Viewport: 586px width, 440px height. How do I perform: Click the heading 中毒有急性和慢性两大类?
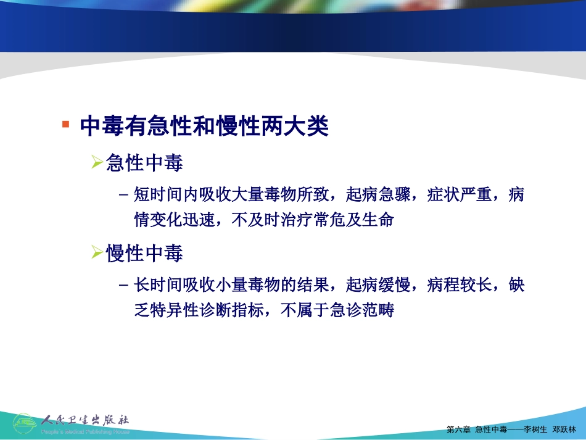204,127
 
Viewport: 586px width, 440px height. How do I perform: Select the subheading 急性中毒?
145,164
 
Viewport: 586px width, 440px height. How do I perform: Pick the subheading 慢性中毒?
145,253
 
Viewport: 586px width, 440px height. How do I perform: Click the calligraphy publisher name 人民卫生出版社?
85,420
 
